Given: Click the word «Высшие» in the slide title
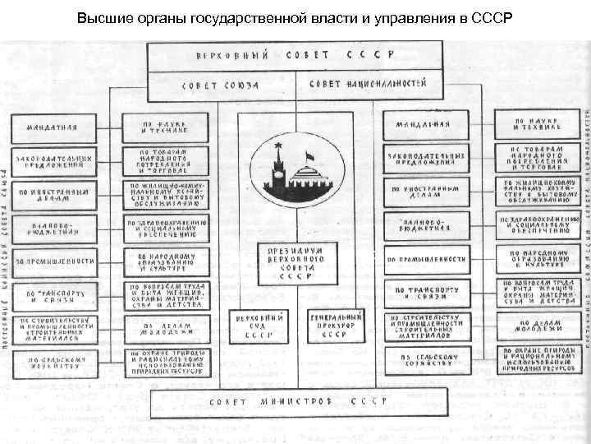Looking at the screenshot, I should pyautogui.click(x=98, y=17).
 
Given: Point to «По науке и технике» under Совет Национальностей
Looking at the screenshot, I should pyautogui.click(x=541, y=125).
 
